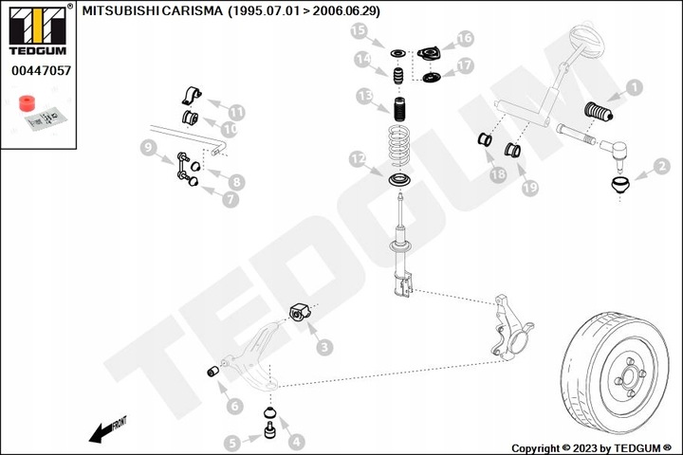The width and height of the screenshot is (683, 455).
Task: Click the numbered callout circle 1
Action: click(x=635, y=89)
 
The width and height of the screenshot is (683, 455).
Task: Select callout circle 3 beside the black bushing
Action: click(x=323, y=349)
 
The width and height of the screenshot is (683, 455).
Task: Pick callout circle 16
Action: click(x=464, y=38)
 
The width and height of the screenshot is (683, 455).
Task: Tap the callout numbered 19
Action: click(x=529, y=188)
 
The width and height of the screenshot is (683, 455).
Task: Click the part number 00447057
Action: click(x=39, y=70)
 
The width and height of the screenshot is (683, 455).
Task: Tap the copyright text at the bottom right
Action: click(x=590, y=447)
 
